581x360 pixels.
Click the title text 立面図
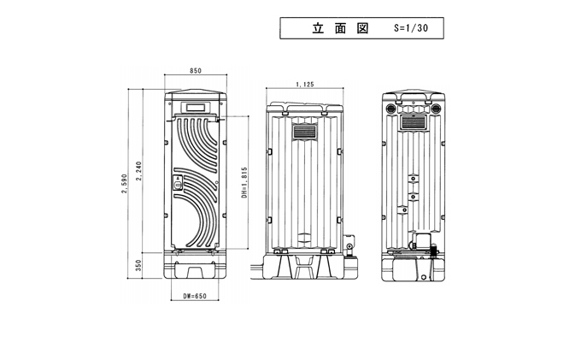[x=340, y=27]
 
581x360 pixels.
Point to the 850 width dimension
[x=196, y=71]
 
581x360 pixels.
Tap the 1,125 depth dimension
[x=304, y=84]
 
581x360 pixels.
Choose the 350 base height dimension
[x=140, y=266]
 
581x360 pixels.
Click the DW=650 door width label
[x=196, y=297]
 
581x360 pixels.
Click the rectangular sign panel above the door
[x=195, y=108]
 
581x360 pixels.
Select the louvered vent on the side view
[x=305, y=133]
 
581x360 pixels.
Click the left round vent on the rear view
[x=392, y=109]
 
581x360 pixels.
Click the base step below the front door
[x=195, y=271]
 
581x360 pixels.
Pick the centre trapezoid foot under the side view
[x=305, y=267]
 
